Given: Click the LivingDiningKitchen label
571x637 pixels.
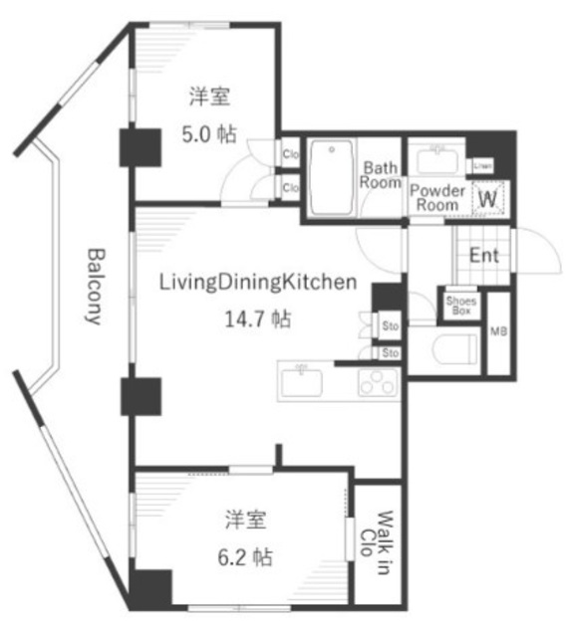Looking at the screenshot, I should click(257, 283).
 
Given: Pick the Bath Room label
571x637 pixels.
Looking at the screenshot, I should click(380, 175).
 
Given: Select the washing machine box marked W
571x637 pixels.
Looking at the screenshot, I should click(488, 198).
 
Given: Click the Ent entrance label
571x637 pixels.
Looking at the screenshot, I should click(484, 255).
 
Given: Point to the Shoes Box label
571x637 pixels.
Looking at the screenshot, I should click(459, 305).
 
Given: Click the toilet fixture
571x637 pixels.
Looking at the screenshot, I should click(453, 350).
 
